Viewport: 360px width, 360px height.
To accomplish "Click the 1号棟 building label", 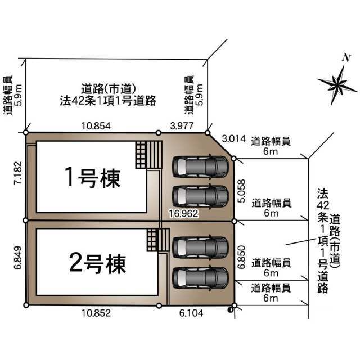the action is tap(92, 177).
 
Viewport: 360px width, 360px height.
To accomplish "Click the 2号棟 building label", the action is tap(97, 263).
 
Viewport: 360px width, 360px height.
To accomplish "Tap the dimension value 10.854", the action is tap(96, 126).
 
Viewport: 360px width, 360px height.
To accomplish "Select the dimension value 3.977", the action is tap(182, 126).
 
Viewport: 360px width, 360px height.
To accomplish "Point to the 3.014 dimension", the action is tap(234, 139).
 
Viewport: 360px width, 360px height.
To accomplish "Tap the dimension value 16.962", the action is tap(184, 214).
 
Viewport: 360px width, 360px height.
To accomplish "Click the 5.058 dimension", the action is tap(241, 191).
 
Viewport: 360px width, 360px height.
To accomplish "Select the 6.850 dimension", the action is tap(241, 257).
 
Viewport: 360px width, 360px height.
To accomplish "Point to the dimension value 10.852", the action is tap(96, 313).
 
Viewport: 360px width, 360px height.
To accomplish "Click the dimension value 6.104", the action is tap(191, 313).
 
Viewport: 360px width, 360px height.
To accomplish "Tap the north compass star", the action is tap(337, 85).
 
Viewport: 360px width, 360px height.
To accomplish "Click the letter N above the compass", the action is tap(346, 57).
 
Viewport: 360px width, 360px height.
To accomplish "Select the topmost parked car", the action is tap(200, 167).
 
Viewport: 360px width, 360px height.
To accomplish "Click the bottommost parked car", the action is tap(200, 278).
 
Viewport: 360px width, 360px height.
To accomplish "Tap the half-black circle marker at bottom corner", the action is tap(230, 310).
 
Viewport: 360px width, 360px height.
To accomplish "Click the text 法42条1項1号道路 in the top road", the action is tap(108, 101).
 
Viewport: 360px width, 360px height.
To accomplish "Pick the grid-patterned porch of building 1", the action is tap(141, 155).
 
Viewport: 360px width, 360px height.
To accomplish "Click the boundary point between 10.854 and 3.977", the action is tap(159, 133).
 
